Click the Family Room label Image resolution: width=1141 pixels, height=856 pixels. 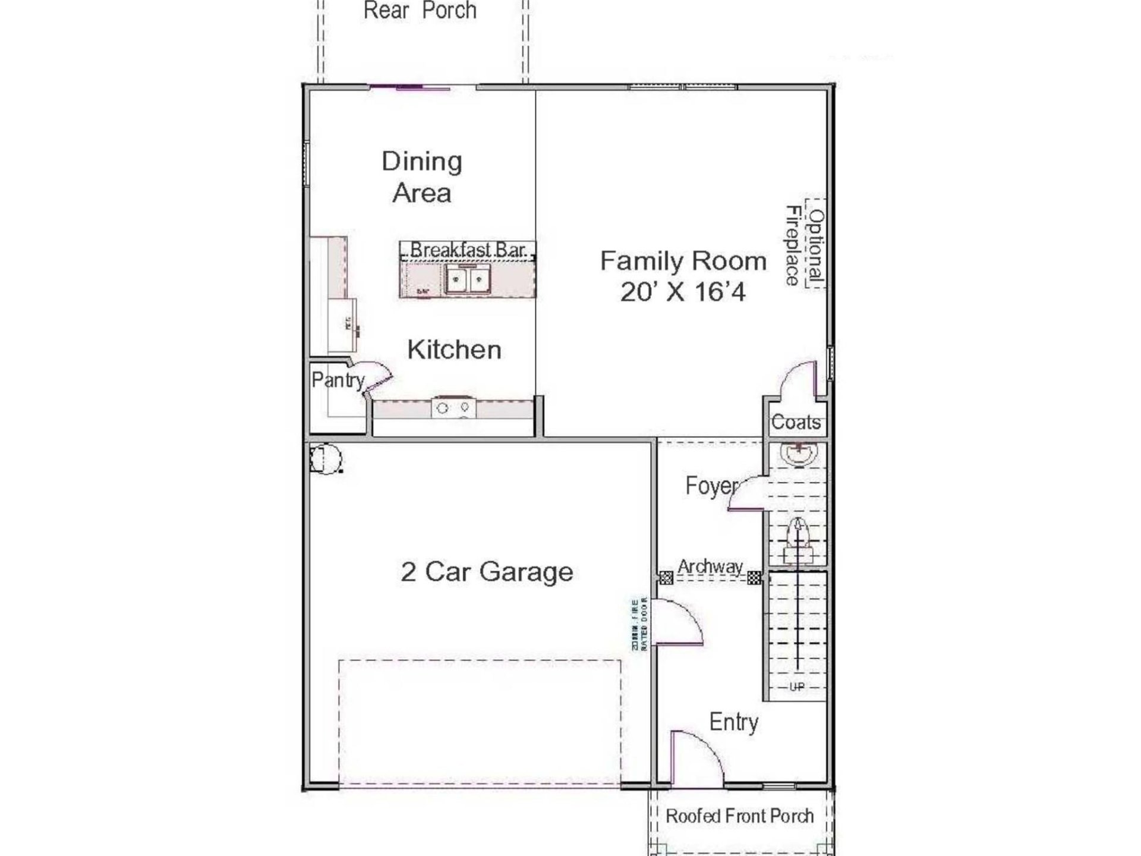683,262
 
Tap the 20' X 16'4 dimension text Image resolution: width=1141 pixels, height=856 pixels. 683,292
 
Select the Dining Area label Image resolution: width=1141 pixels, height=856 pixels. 422,177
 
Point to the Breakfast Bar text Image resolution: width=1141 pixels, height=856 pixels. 468,250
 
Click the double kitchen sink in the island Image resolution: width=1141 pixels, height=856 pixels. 468,279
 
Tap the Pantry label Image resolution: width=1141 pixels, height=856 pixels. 337,380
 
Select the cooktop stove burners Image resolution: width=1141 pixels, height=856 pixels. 453,408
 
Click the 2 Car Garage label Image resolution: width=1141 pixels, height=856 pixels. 487,572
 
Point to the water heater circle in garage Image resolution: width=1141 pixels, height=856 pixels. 326,459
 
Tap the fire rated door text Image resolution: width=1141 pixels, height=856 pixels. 639,624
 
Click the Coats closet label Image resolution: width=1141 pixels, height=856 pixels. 796,423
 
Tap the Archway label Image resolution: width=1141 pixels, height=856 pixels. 710,567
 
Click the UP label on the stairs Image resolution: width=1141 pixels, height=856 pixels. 797,687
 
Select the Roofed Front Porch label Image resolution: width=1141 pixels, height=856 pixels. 739,816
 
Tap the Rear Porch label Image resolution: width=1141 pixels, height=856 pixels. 420,11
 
